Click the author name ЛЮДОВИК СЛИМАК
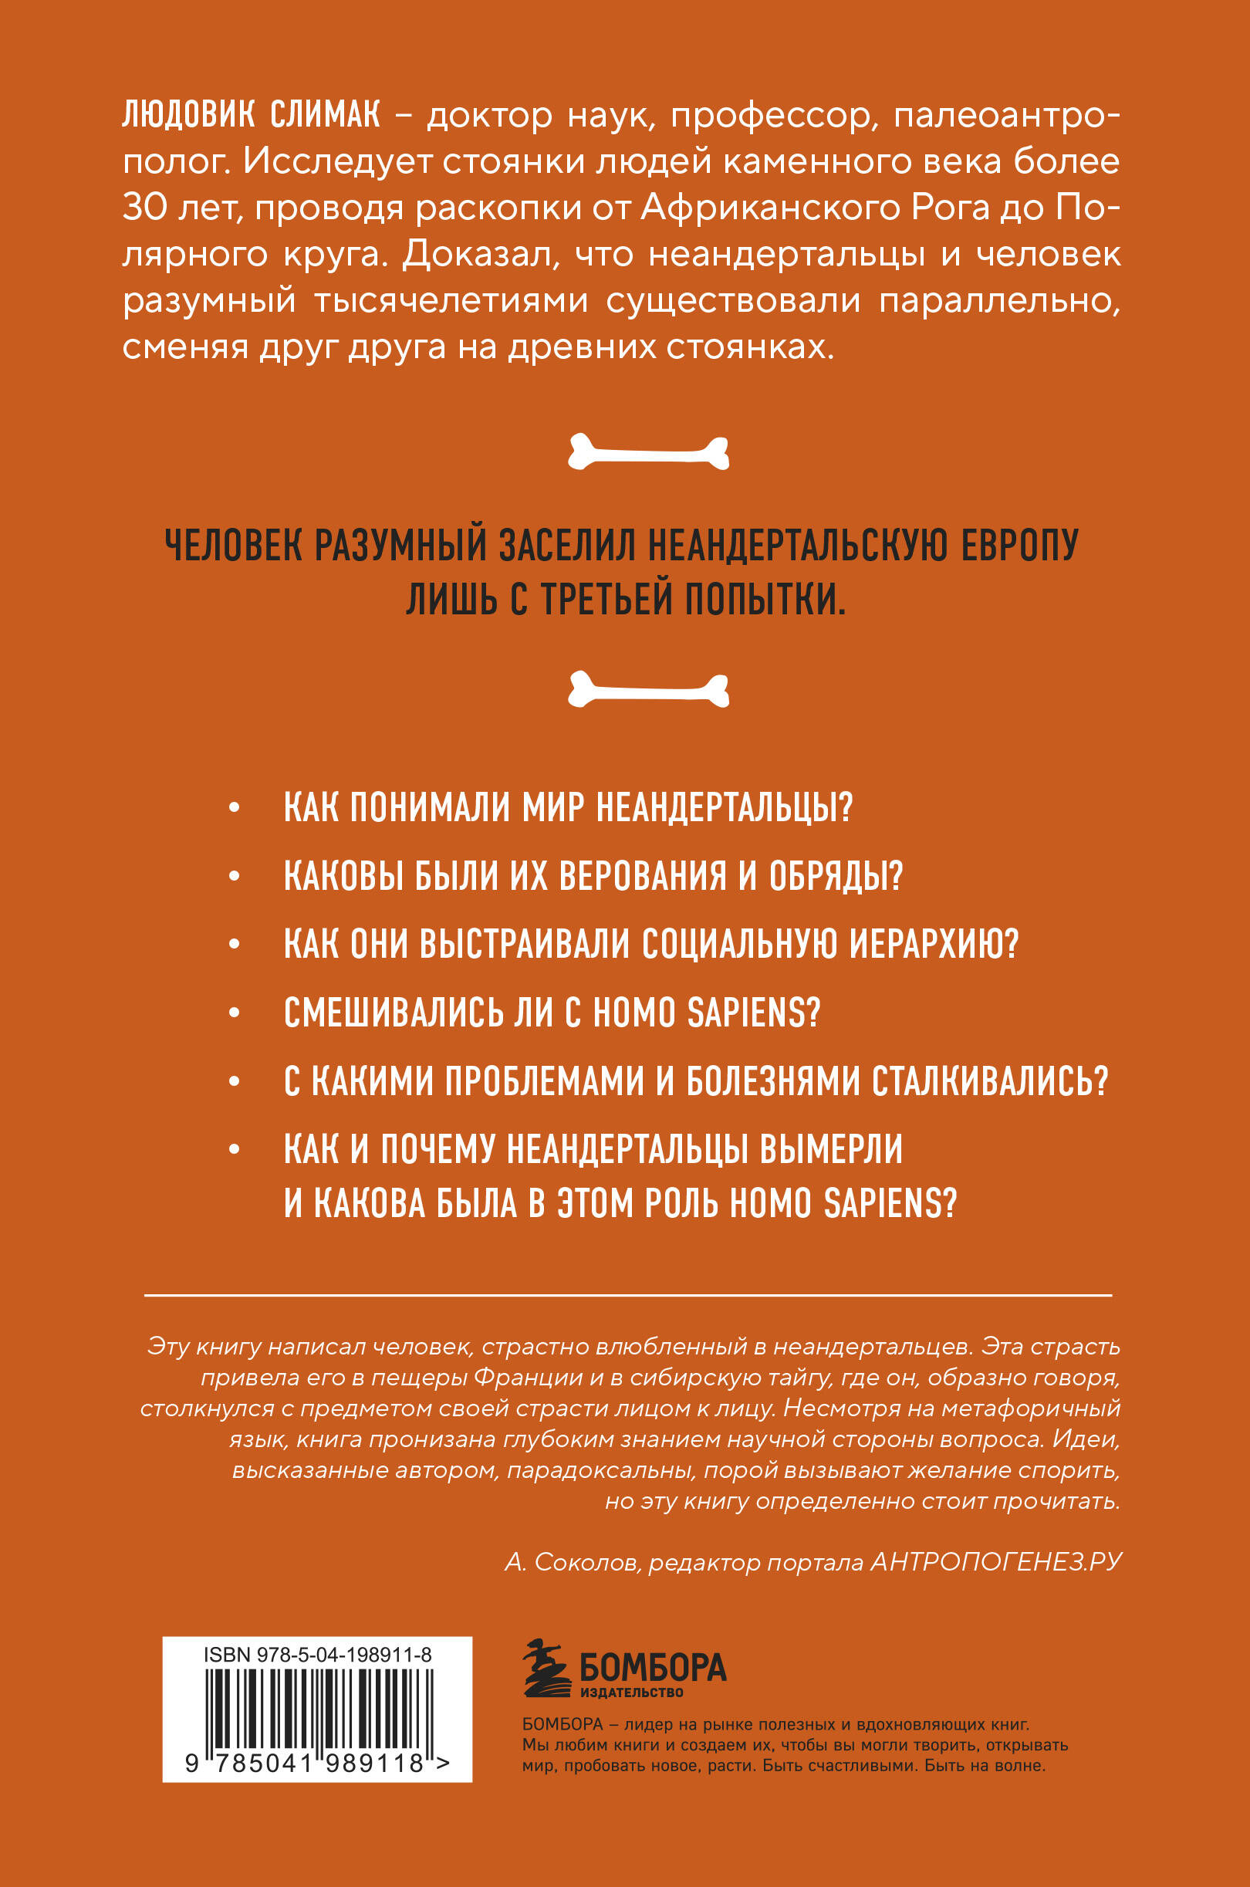pyautogui.click(x=251, y=117)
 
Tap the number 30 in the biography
pyautogui.click(x=144, y=208)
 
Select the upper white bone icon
pyautogui.click(x=648, y=453)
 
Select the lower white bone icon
pyautogui.click(x=648, y=688)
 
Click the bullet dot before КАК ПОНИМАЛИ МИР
pyautogui.click(x=234, y=808)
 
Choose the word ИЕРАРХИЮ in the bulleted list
pyautogui.click(x=934, y=945)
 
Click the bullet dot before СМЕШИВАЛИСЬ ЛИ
pyautogui.click(x=234, y=1013)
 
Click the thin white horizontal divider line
pyautogui.click(x=627, y=1296)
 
